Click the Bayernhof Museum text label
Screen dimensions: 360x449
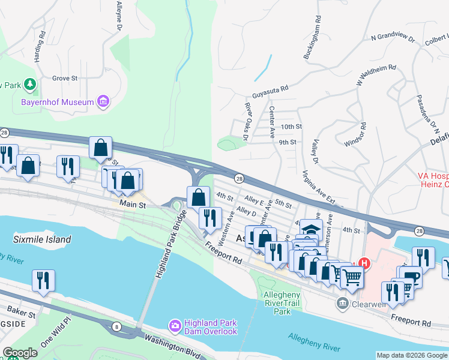click(58, 102)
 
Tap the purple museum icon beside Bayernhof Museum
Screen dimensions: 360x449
click(104, 101)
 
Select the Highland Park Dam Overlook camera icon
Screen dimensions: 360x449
click(175, 326)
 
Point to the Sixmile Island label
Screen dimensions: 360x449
click(42, 239)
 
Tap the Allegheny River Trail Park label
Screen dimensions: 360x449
click(277, 303)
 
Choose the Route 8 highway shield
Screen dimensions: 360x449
click(116, 326)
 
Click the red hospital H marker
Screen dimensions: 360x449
click(363, 263)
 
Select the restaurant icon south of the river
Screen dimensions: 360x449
click(43, 281)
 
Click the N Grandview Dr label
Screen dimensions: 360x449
click(393, 38)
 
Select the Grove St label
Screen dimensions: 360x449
click(65, 78)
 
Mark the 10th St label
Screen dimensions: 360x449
click(291, 127)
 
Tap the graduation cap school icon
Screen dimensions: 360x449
click(311, 229)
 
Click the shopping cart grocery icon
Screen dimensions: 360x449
click(352, 277)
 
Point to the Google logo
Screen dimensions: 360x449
click(20, 353)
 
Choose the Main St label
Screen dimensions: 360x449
click(133, 205)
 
